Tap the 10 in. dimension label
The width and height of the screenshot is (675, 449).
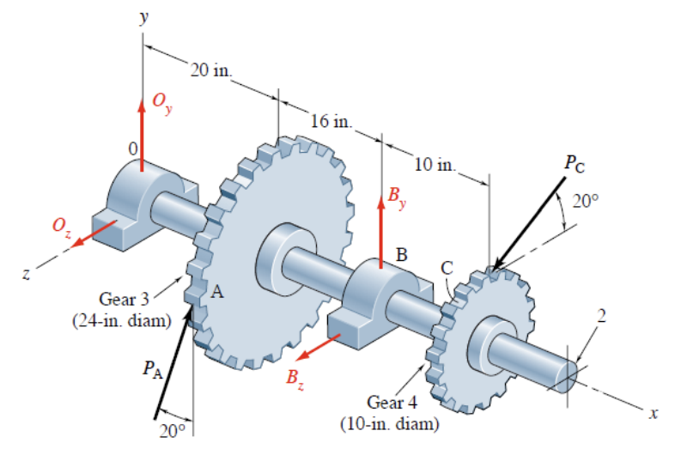[x=435, y=163]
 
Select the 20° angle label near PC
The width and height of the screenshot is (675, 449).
[x=586, y=201]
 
